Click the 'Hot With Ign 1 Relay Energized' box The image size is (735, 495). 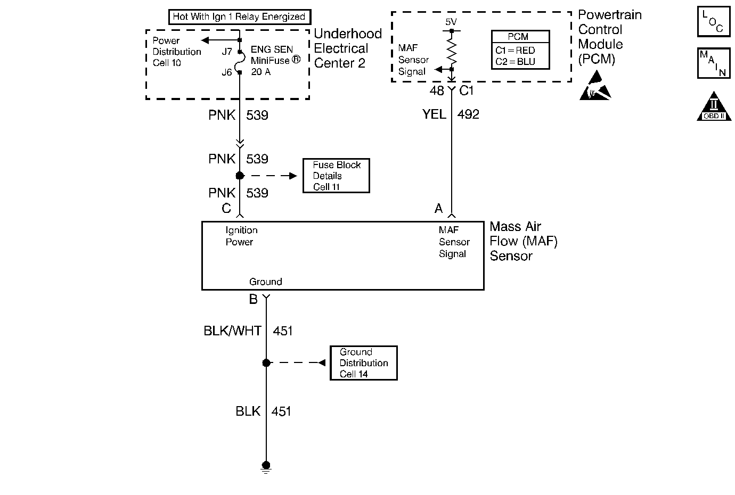click(240, 16)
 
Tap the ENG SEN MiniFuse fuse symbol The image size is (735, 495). click(241, 62)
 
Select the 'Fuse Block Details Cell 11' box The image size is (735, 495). click(336, 176)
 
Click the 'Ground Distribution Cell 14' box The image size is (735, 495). click(364, 363)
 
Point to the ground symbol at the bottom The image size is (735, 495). click(266, 467)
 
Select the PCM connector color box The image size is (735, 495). click(520, 50)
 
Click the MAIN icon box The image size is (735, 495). click(714, 63)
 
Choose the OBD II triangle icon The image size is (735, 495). click(714, 106)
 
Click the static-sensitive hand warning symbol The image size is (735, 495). click(595, 86)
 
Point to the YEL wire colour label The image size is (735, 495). click(434, 114)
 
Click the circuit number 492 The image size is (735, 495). click(468, 114)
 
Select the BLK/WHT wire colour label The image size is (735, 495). click(232, 331)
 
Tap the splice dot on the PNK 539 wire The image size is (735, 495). click(240, 176)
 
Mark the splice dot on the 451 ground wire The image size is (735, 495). click(266, 363)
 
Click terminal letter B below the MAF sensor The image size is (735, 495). click(254, 299)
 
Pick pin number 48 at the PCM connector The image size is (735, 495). click(437, 90)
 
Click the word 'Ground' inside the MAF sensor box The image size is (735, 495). click(265, 282)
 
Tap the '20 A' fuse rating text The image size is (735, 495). click(261, 72)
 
